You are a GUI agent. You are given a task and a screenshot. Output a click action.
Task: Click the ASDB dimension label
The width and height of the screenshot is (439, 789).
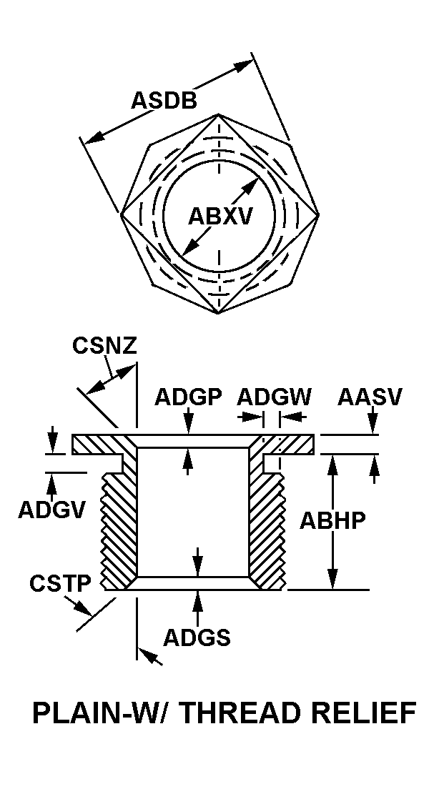coord(164,100)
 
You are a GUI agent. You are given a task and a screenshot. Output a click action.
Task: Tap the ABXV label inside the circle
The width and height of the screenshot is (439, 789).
coord(219,217)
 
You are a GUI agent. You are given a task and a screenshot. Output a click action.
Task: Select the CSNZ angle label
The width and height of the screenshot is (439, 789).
coord(104,346)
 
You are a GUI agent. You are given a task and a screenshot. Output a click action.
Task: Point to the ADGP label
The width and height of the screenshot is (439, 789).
coord(188,397)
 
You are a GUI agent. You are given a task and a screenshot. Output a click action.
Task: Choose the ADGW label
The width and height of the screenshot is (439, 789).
coord(275,397)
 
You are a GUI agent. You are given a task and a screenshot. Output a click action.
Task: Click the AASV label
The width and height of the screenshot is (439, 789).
coord(370,397)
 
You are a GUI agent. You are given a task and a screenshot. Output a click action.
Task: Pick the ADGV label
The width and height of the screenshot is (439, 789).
coord(51,510)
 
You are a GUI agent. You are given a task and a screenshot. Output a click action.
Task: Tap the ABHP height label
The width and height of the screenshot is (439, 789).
coord(332,521)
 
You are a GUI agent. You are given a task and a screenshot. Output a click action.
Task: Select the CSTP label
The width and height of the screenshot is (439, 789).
coord(60,584)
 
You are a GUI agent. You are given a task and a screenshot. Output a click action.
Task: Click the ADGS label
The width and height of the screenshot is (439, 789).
coord(197,638)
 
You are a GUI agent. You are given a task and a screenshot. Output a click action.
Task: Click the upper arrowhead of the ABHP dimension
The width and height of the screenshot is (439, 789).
coord(332,465)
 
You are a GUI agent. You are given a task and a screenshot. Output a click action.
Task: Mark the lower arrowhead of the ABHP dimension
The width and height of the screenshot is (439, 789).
coord(332,579)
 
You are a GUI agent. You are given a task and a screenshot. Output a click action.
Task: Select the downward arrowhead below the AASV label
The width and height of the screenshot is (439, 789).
coord(373,425)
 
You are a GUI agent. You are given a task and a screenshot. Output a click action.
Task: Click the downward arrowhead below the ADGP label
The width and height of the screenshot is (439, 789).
coord(188,425)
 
